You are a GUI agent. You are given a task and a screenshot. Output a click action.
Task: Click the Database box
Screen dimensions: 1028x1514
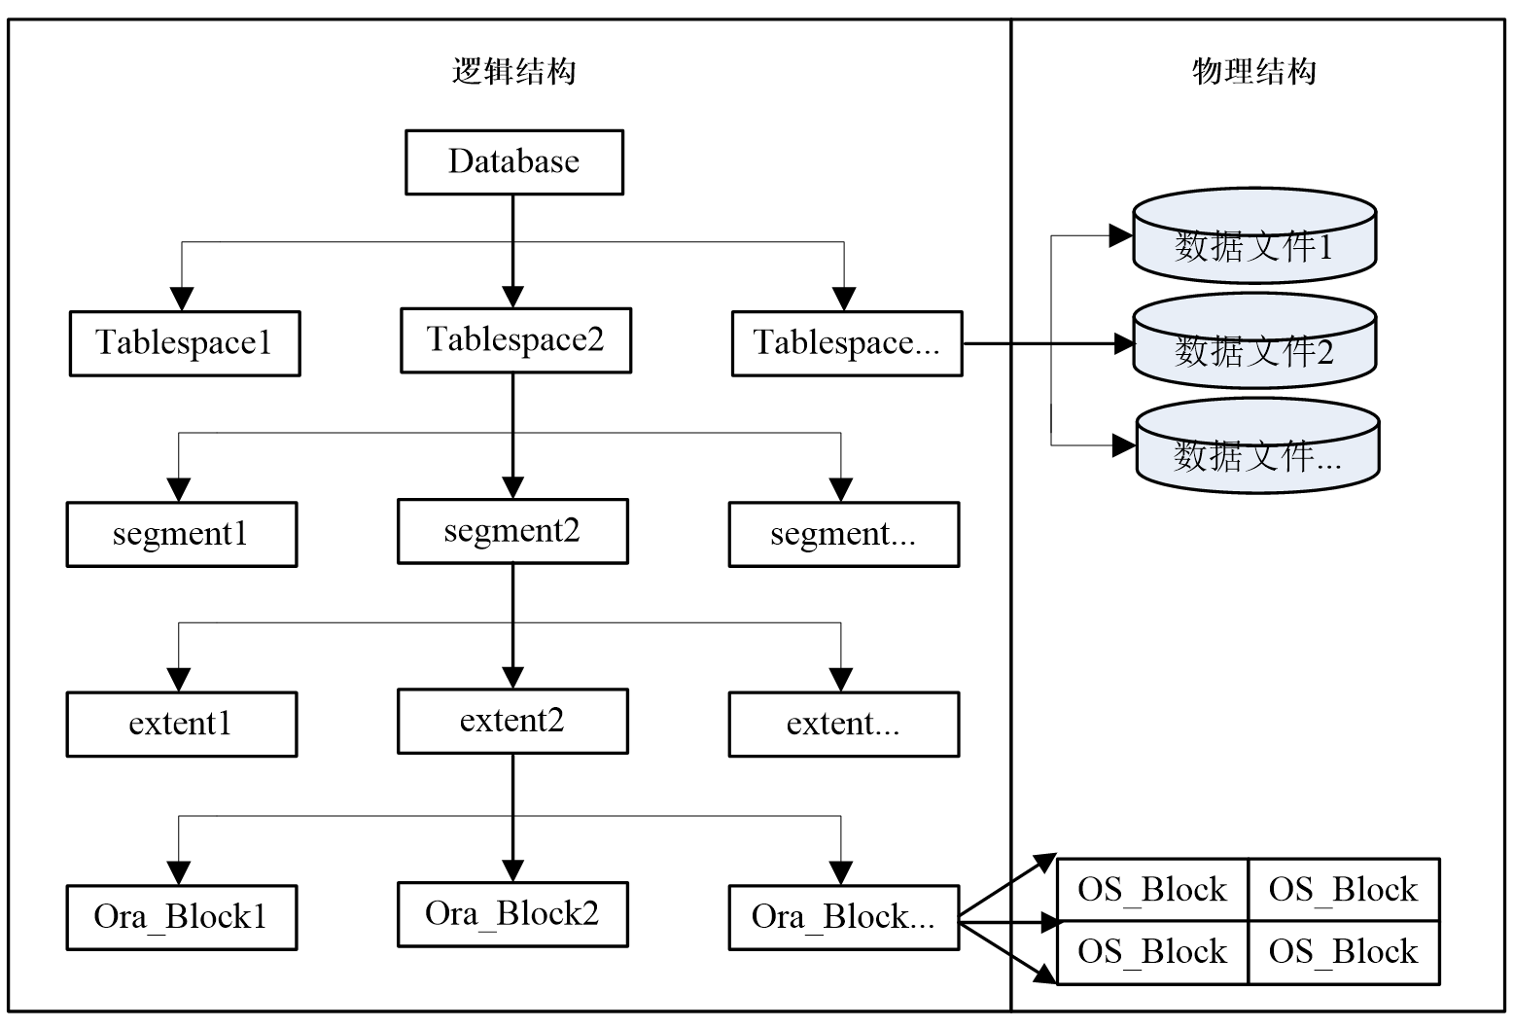coord(513,162)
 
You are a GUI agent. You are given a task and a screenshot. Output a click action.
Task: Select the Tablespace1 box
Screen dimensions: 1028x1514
coord(184,343)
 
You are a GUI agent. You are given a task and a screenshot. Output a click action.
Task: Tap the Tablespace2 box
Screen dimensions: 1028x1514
coord(515,340)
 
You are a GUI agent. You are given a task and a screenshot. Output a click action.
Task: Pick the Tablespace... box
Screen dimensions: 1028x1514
coord(846,343)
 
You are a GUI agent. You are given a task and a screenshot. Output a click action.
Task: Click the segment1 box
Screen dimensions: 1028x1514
coord(181,534)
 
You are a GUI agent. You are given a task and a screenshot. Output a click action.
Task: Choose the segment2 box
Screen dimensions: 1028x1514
coord(512,531)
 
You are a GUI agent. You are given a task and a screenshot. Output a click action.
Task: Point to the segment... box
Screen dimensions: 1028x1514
coord(843,534)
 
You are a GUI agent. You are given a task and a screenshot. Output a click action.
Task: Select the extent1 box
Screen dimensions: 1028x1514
coord(181,725)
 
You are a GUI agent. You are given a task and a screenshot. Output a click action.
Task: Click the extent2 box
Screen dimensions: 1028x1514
coord(512,722)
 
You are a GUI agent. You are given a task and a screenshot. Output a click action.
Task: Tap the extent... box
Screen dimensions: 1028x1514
coord(843,725)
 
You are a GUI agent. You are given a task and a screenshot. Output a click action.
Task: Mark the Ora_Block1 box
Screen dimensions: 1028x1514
coord(181,917)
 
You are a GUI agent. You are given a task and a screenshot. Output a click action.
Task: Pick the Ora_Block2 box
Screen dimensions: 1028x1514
coord(512,914)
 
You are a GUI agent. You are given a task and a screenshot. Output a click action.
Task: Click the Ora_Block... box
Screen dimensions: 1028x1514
coord(843,917)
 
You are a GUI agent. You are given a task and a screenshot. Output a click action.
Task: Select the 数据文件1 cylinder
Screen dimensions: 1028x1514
coord(1254,243)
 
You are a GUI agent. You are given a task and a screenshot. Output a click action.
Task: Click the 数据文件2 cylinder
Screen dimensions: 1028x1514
coord(1254,348)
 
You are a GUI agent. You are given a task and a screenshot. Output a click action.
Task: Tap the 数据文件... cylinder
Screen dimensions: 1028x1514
coord(1257,453)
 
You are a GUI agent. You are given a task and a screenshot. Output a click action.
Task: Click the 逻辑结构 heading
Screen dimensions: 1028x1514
coord(513,71)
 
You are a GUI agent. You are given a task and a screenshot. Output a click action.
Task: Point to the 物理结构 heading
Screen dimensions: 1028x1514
coord(1254,71)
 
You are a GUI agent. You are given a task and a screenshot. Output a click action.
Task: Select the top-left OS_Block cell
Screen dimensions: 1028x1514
coord(1152,890)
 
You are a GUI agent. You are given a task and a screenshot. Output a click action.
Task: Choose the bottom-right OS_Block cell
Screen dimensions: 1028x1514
coord(1343,952)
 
